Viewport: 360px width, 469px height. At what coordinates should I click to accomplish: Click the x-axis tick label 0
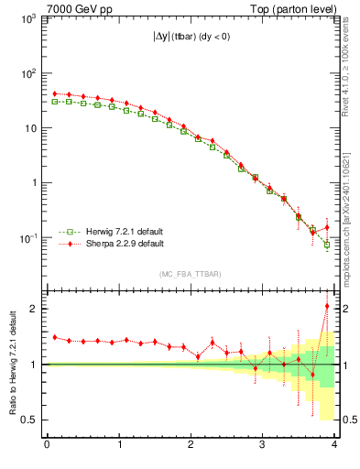tap(47, 445)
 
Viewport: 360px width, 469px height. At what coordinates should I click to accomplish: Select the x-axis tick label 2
tap(191, 445)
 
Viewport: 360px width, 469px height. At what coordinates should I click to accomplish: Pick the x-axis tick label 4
tap(334, 445)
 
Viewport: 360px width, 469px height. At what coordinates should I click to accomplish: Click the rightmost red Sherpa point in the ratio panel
tap(327, 306)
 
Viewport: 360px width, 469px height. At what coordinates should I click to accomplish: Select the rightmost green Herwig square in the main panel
tap(327, 245)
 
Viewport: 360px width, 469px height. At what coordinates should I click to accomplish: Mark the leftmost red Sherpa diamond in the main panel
tap(54, 93)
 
